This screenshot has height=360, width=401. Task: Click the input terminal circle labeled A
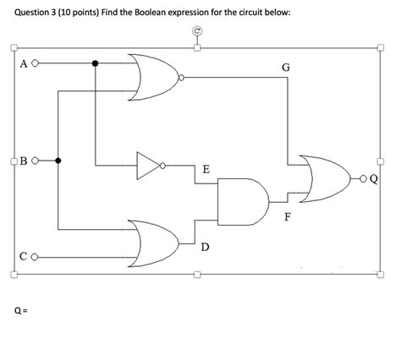(36, 63)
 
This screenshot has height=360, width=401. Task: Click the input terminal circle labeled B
(36, 160)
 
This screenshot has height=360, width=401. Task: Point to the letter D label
(206, 247)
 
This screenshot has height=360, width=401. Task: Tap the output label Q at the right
(372, 178)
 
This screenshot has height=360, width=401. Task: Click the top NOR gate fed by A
(153, 77)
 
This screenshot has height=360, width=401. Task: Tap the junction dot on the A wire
(96, 63)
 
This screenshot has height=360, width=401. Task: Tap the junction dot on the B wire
(58, 160)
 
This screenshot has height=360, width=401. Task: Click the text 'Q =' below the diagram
(20, 309)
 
